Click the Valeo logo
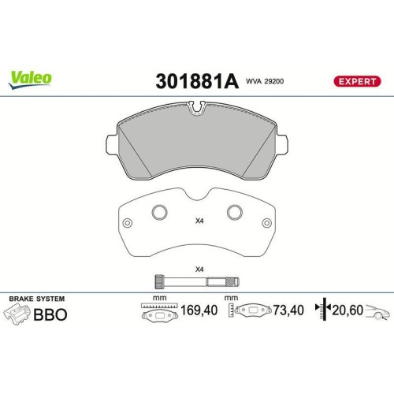(x=31, y=76)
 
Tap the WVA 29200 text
(x=264, y=80)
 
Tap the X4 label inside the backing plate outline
(x=199, y=221)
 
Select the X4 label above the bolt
(x=199, y=270)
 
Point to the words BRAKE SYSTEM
(x=36, y=299)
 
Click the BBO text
(x=50, y=314)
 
